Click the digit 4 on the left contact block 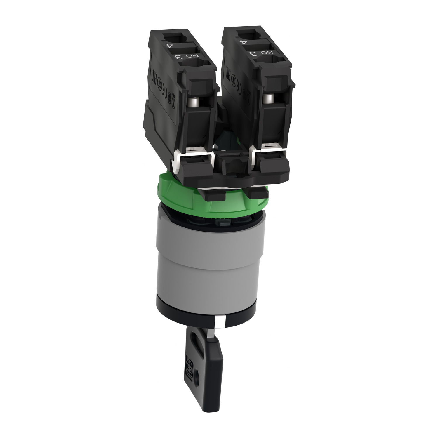point(168,46)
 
